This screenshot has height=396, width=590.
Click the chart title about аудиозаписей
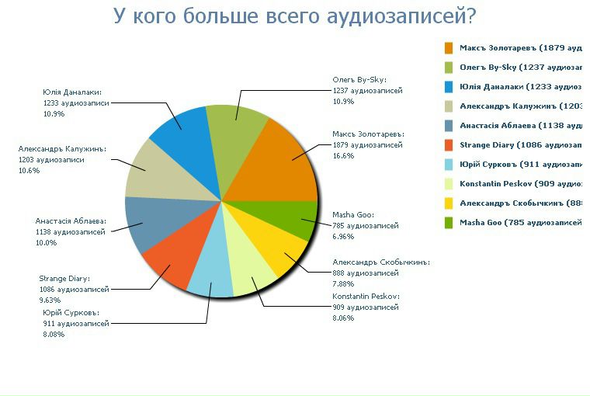[294, 16]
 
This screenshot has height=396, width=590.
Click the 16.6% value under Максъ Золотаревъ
[343, 155]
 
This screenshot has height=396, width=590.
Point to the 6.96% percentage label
[343, 236]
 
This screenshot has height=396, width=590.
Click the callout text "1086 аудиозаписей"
[74, 289]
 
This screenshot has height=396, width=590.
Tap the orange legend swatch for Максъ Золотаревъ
[449, 48]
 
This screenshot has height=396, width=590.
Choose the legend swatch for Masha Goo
[449, 223]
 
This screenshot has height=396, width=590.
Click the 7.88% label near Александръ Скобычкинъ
[343, 283]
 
